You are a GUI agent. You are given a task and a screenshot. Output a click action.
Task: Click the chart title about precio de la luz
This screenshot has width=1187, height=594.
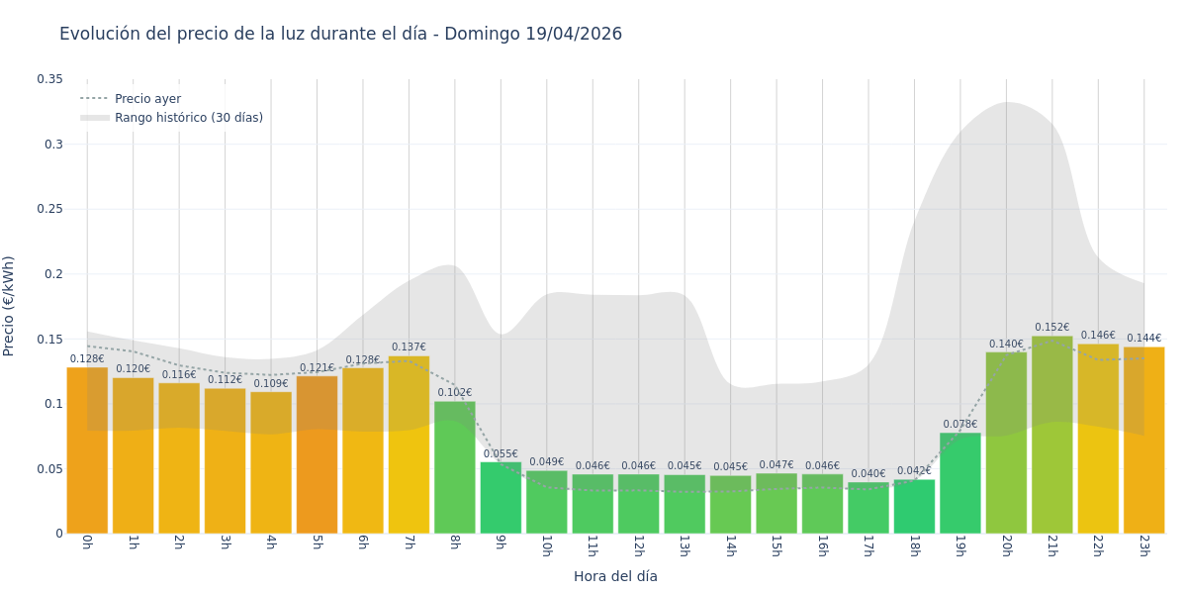[x=340, y=34]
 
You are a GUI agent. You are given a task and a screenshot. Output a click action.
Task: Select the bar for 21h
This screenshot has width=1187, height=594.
[x=1051, y=436]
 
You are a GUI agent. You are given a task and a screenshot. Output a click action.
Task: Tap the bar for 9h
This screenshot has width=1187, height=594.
[x=501, y=498]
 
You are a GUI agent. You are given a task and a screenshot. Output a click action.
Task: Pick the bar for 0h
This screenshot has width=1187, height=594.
[x=87, y=450]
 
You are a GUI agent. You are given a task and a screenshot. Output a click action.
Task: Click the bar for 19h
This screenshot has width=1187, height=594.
[x=959, y=483]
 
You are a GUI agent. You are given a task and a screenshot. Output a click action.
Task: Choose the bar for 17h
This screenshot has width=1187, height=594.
[x=868, y=508]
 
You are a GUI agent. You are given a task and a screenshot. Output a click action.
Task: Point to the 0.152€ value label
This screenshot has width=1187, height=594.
[x=1051, y=328]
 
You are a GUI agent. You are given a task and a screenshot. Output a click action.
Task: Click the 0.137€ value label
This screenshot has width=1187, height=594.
[x=409, y=347]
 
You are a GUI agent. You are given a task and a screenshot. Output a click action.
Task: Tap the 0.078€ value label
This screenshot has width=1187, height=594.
[x=959, y=425]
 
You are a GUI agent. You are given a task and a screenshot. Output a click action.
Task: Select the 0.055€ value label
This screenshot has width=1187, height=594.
[x=501, y=454]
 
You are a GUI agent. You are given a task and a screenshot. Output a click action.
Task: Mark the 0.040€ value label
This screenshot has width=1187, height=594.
[x=868, y=474]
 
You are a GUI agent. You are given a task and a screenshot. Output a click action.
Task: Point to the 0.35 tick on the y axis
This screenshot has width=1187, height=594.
[x=49, y=79]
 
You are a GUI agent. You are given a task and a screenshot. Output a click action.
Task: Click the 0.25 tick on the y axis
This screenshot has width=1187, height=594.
[x=49, y=209]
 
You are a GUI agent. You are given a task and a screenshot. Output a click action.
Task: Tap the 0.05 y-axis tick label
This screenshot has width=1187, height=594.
[x=49, y=468]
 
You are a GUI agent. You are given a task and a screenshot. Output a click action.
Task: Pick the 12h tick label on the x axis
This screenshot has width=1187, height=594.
[x=638, y=545]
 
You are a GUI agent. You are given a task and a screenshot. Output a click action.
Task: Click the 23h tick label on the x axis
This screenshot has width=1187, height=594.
[x=1143, y=545]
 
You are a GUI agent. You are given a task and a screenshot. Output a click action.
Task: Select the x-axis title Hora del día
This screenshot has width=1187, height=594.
[x=615, y=576]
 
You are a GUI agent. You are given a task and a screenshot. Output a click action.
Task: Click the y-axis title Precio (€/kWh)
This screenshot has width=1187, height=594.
[x=10, y=306]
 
